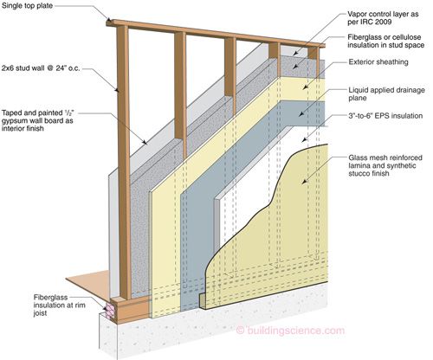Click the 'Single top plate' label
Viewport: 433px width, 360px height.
point(27,5)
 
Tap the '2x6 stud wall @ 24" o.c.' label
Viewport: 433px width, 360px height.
point(41,68)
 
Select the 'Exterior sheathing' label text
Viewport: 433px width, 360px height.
point(378,62)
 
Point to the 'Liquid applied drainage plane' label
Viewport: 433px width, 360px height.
point(386,94)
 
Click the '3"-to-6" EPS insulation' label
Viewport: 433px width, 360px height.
point(385,116)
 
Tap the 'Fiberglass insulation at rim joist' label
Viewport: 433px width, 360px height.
point(60,305)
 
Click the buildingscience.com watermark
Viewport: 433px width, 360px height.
point(290,331)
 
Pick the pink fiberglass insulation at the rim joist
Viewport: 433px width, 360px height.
point(110,310)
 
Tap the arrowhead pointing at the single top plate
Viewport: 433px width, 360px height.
point(108,20)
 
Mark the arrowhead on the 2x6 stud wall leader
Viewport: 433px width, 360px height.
point(116,90)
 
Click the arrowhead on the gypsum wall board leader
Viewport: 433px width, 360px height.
point(145,142)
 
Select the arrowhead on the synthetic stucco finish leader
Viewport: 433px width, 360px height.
point(304,181)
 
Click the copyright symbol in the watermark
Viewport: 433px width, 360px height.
point(240,331)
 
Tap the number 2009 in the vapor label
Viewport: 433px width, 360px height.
point(384,22)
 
